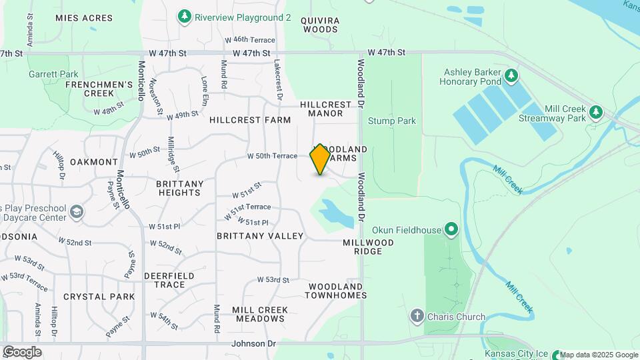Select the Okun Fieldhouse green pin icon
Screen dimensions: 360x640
(451, 230)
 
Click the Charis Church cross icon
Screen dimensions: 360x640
(417, 315)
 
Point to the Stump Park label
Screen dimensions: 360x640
(392, 121)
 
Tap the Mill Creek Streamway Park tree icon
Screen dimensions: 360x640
(596, 112)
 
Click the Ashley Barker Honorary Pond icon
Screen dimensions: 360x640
(511, 75)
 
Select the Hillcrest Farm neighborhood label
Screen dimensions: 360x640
(250, 120)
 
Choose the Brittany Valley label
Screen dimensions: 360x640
(260, 236)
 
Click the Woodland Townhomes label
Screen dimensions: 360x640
(337, 291)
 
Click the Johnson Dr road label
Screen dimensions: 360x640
(253, 344)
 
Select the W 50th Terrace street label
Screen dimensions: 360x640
(272, 156)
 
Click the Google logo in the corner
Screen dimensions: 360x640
(21, 352)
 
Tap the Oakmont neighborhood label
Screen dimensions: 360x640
(94, 162)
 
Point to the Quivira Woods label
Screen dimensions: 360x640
(321, 25)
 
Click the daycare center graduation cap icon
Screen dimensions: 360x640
(77, 212)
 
